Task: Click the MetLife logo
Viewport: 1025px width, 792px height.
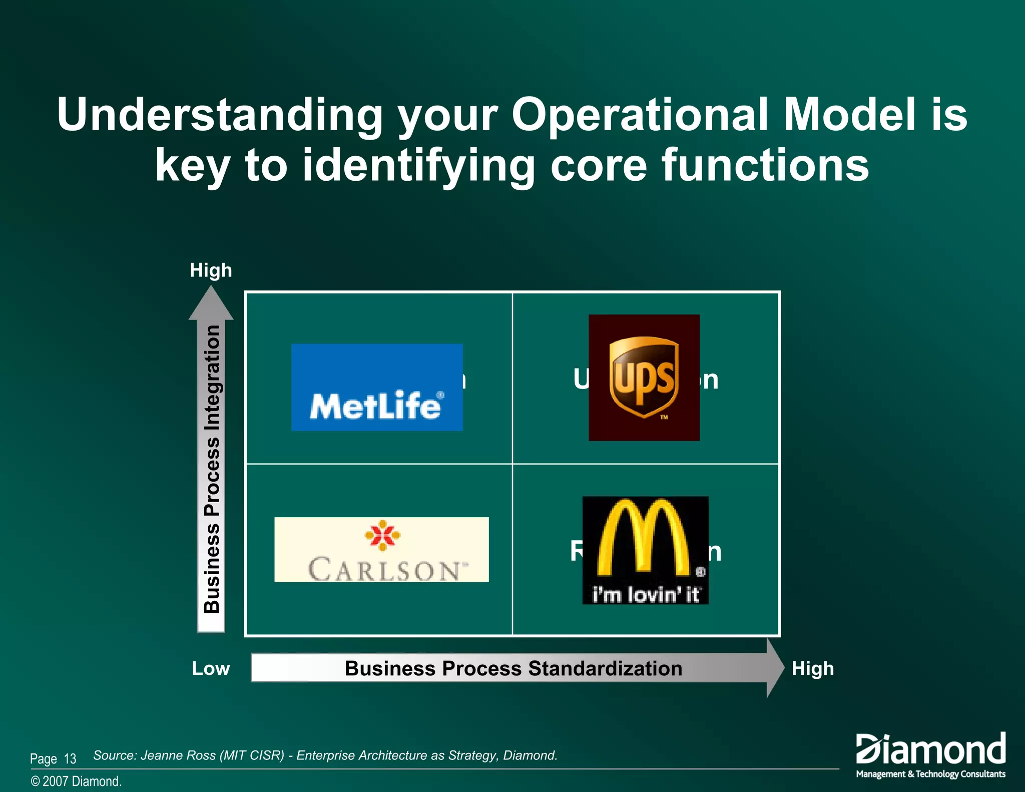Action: (376, 387)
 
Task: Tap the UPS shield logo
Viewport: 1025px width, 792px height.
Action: (644, 376)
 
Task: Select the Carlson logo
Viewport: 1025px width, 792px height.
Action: (381, 549)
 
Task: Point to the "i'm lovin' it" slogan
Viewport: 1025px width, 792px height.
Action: (646, 595)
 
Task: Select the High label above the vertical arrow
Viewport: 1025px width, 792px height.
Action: (211, 270)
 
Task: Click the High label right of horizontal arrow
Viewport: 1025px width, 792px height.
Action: (812, 669)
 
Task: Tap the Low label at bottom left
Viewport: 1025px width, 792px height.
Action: (211, 669)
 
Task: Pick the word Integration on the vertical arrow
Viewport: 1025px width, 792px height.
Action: (212, 378)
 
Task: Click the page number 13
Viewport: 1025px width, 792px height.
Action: (70, 759)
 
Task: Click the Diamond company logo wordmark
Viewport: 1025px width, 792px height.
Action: (930, 749)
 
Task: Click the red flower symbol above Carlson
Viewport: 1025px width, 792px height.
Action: (382, 535)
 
